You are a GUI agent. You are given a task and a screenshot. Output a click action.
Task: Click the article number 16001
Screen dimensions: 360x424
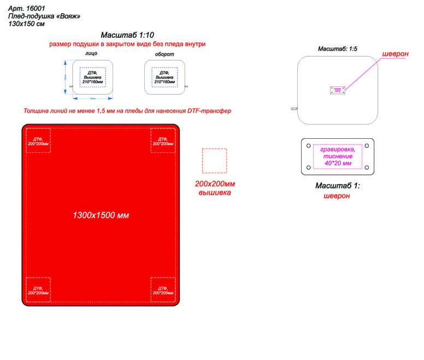click(35, 8)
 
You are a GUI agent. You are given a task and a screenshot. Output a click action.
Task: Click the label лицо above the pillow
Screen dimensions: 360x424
click(91, 55)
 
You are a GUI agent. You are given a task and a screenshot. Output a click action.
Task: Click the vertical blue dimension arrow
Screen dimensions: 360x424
click(66, 77)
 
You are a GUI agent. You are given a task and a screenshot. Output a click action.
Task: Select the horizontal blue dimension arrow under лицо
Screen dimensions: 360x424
click(93, 98)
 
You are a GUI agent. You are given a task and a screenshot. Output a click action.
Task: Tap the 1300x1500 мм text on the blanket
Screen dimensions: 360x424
click(101, 215)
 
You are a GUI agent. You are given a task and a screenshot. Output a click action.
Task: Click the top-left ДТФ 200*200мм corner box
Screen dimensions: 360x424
click(38, 140)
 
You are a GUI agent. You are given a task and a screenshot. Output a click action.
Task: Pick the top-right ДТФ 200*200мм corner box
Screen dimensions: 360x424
click(163, 140)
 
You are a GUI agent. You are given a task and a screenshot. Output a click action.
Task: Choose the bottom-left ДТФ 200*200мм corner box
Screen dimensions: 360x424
click(38, 289)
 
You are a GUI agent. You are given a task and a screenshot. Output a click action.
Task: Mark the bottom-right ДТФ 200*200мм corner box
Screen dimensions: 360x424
click(163, 289)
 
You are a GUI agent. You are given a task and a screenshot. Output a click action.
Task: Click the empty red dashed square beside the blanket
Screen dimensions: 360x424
click(214, 161)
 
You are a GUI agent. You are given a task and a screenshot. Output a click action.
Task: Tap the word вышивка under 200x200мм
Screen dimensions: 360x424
click(214, 193)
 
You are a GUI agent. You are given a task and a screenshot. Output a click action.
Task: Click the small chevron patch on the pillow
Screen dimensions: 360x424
click(337, 90)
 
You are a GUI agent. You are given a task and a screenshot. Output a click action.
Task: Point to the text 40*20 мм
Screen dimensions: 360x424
click(337, 163)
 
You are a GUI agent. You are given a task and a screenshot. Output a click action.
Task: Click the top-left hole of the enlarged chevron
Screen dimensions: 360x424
click(309, 146)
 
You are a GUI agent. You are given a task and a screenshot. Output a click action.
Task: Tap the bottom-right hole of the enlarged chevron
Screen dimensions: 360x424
click(366, 167)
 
